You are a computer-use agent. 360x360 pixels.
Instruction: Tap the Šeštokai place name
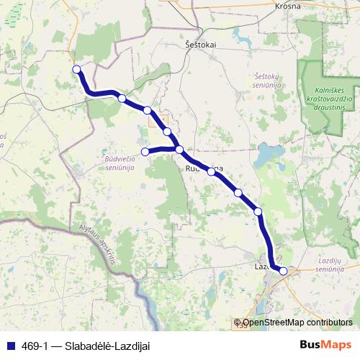[201, 44]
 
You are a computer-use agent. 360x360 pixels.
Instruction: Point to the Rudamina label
[204, 167]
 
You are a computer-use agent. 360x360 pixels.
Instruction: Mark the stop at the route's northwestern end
[76, 69]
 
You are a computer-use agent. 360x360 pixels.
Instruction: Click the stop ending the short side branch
[145, 151]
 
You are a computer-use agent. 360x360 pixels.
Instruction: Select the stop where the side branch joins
[179, 150]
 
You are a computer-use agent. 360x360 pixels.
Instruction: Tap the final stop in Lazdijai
[284, 271]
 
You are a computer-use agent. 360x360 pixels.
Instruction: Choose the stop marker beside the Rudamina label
[212, 171]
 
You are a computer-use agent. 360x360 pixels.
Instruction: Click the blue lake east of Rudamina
[268, 153]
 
